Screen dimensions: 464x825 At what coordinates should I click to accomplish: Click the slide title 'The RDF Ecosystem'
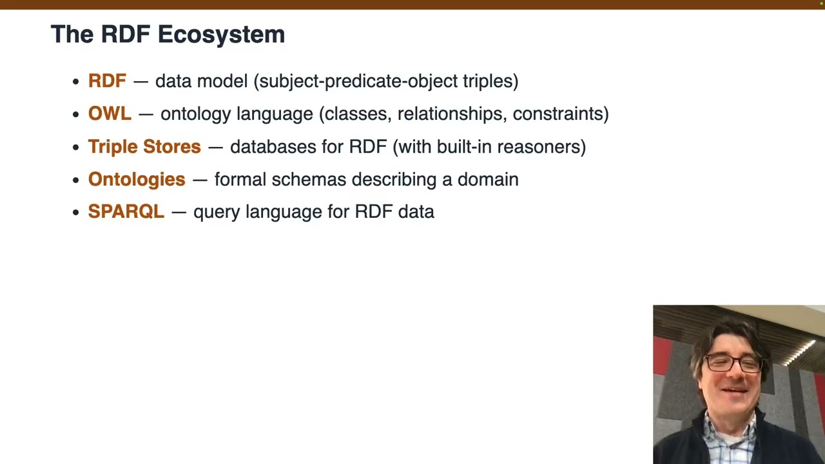(168, 34)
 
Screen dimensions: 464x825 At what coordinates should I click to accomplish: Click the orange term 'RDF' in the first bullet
(107, 81)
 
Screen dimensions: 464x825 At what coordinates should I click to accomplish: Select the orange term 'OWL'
(110, 113)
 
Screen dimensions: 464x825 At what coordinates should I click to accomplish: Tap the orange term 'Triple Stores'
(144, 146)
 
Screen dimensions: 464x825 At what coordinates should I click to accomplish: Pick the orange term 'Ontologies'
(137, 179)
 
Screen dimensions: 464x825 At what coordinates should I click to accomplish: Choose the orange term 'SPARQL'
(126, 211)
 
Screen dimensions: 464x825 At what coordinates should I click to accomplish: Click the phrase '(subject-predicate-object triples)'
(386, 81)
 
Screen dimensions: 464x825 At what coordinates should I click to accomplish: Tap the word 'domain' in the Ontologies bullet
(488, 179)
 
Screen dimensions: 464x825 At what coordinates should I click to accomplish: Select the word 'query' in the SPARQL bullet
(217, 212)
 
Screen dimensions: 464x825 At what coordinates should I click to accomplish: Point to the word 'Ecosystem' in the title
(221, 34)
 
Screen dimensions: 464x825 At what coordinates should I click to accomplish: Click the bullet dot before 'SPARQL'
(75, 212)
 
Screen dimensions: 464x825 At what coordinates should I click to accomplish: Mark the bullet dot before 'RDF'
(75, 81)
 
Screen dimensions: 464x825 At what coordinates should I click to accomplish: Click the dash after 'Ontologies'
(200, 180)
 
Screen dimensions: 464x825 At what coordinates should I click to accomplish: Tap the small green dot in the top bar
(821, 3)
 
